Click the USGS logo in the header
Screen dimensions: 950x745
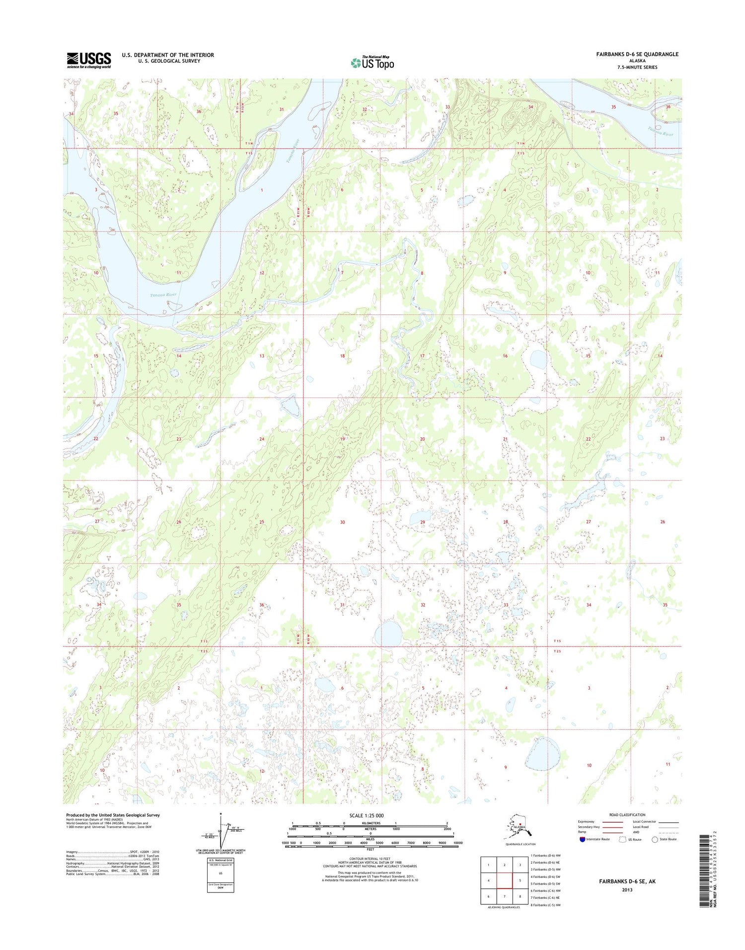point(89,60)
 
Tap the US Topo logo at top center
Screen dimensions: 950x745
point(372,63)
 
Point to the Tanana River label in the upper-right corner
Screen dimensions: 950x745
point(664,132)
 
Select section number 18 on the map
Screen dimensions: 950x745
point(342,356)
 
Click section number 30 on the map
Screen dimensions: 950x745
point(342,522)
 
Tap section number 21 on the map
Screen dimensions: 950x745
point(505,439)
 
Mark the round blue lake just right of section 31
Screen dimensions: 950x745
point(388,633)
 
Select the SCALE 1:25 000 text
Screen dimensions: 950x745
point(367,815)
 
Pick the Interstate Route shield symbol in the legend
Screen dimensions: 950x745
point(582,839)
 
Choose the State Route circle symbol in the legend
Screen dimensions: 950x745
point(655,839)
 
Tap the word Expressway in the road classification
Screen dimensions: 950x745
point(586,822)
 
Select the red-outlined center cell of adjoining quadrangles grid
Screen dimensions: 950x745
point(504,881)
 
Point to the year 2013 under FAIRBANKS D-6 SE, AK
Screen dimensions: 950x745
point(627,889)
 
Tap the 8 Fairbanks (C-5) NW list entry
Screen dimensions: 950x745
point(545,905)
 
